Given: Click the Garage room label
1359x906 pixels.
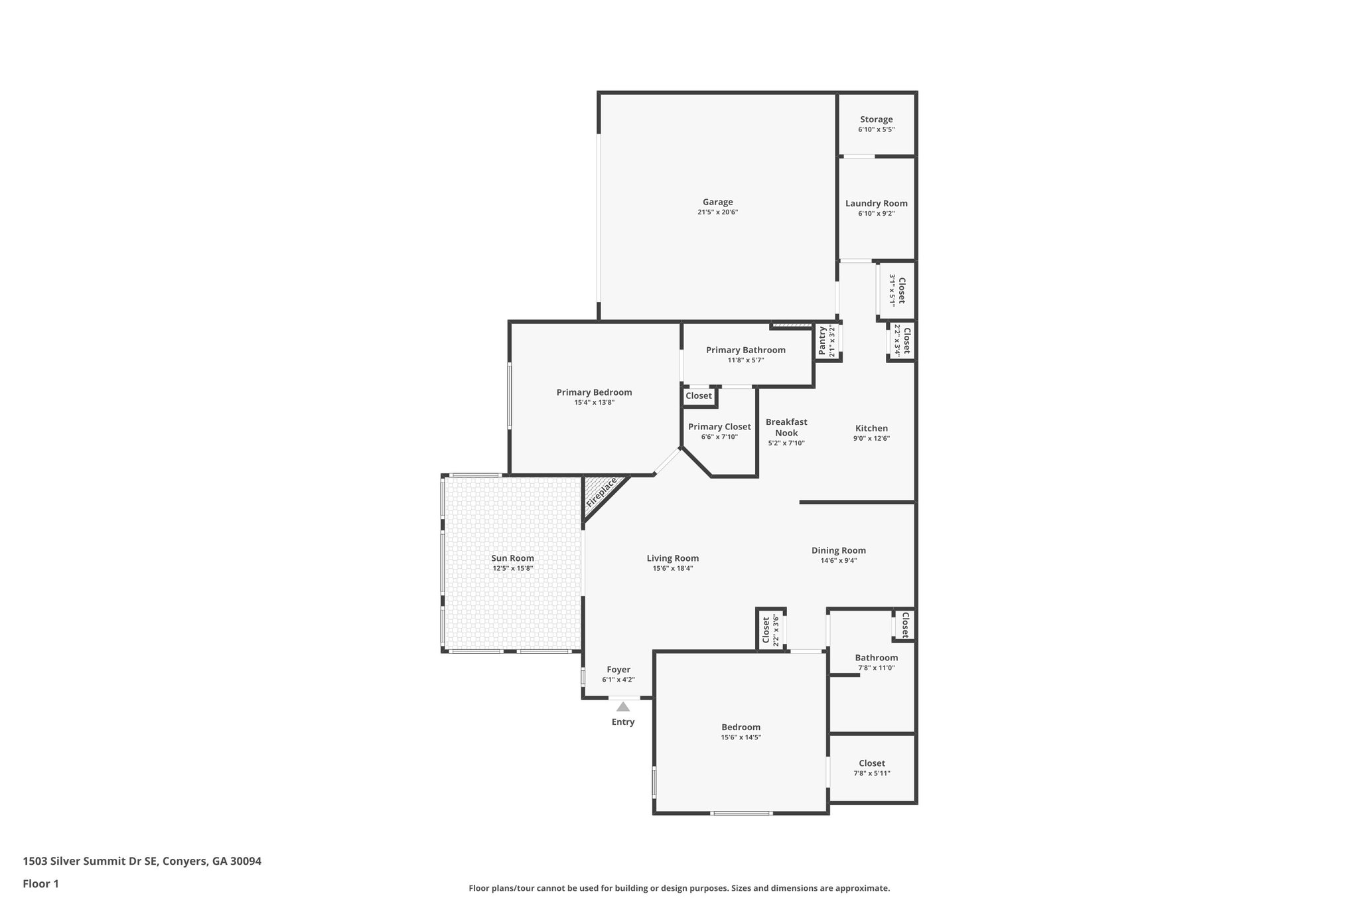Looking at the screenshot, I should (717, 202).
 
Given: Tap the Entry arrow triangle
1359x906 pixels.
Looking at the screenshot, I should (622, 707).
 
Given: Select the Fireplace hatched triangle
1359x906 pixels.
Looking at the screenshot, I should (601, 494).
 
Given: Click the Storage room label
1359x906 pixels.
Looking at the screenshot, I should (876, 119).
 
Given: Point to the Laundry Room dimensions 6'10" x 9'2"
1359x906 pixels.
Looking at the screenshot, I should (876, 214).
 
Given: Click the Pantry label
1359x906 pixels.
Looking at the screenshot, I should (822, 340).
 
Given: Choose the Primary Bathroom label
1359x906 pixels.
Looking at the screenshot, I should (745, 350).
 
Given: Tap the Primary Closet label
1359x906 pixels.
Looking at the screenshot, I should (719, 427).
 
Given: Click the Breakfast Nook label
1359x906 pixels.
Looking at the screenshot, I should (786, 427).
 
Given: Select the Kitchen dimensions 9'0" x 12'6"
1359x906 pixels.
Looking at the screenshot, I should (871, 438).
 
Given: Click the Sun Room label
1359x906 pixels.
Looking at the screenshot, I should (512, 558).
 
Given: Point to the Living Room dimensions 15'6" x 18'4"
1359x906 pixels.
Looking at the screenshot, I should (673, 568).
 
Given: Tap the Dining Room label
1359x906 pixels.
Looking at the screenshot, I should (838, 550).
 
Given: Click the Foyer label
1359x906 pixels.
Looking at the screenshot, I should (618, 670).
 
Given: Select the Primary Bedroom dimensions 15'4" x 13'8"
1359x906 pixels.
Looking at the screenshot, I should (594, 402).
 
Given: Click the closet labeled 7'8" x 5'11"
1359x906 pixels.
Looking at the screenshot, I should (871, 763).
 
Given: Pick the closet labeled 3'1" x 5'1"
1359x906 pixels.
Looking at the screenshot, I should (900, 290).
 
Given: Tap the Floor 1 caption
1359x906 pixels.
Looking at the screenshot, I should (40, 884).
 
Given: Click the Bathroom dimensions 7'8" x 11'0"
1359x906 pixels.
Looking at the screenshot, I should (876, 668).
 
